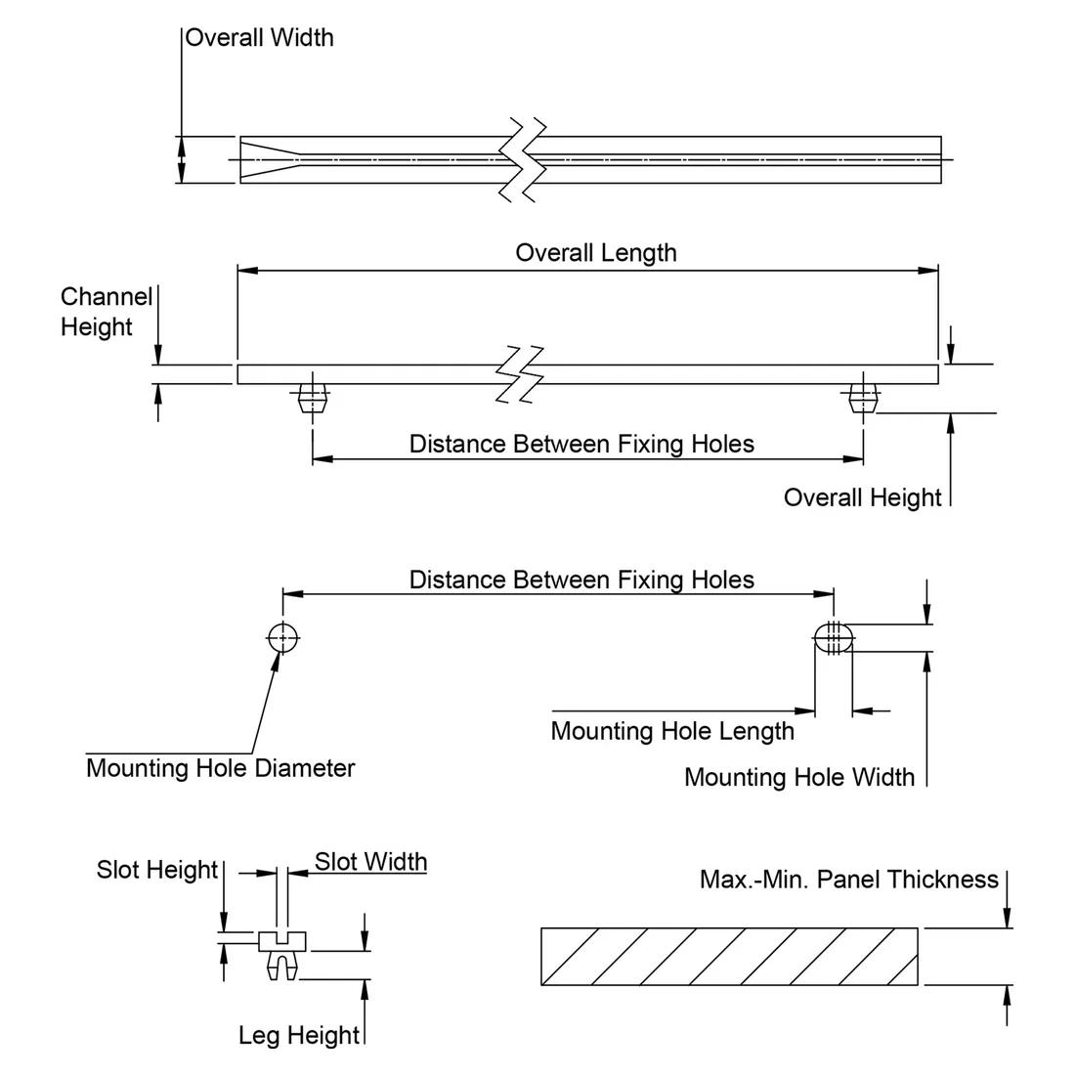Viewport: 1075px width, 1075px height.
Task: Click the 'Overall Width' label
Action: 259,38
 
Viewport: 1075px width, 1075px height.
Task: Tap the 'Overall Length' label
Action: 596,253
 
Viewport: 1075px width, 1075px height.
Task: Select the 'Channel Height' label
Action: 106,312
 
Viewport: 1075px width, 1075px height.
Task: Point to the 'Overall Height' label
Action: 862,497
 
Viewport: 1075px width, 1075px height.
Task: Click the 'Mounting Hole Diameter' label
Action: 220,768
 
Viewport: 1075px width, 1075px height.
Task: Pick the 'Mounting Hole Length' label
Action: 672,731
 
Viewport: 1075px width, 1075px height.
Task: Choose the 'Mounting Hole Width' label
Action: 799,778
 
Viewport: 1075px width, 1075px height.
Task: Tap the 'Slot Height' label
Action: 156,870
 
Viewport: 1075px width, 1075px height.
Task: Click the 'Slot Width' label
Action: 370,862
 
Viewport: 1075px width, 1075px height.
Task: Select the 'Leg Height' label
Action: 299,1036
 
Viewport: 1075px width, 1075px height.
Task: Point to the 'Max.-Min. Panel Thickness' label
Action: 849,880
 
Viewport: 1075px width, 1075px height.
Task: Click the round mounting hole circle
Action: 282,638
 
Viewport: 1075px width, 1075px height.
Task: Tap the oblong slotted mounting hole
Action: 834,638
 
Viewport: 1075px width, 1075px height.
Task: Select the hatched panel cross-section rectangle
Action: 729,957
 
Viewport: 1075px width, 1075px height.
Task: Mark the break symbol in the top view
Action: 521,158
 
